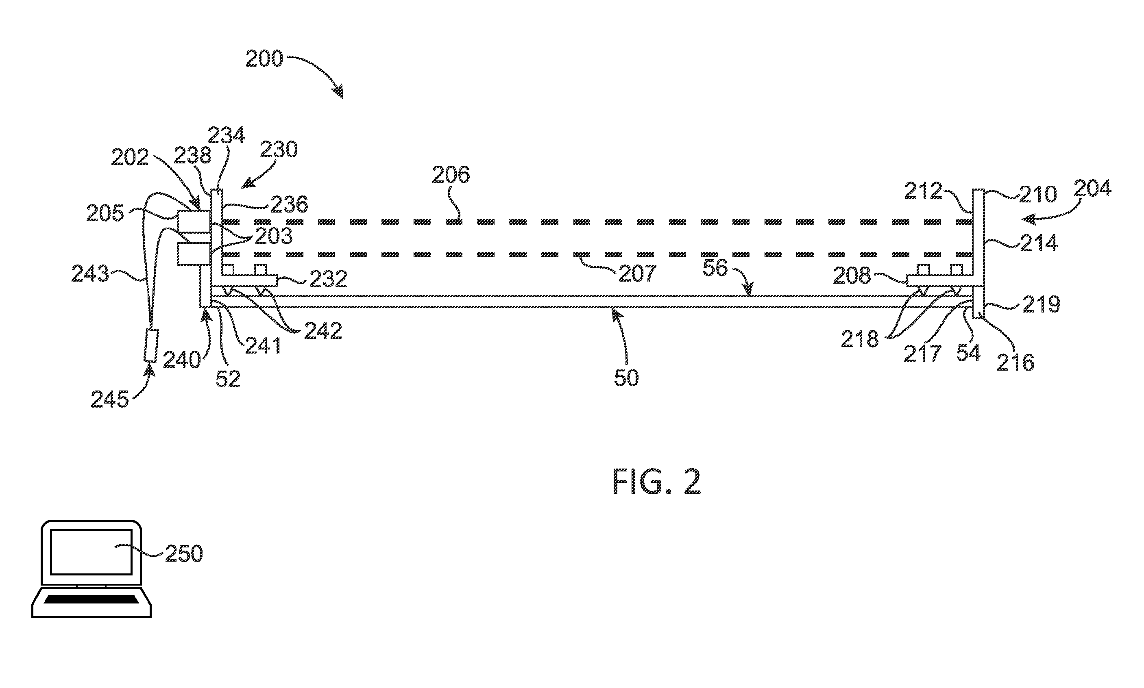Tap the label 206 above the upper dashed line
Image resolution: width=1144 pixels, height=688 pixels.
(451, 175)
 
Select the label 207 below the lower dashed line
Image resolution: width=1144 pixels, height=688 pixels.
(638, 273)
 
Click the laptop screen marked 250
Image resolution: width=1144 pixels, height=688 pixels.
(91, 552)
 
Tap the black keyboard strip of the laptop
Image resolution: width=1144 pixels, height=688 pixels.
(92, 599)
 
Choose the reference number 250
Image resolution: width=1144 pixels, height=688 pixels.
(184, 553)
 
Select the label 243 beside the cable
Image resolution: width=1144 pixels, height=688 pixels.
(90, 273)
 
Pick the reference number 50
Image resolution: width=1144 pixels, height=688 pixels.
(626, 378)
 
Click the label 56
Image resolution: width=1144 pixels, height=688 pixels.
(715, 268)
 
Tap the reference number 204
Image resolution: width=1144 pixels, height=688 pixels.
(1092, 189)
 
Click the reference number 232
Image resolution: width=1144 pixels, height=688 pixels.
(329, 279)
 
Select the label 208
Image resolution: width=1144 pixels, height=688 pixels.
(852, 276)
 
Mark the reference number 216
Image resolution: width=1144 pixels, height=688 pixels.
(1015, 362)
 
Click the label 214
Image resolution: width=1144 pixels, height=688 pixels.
(1039, 243)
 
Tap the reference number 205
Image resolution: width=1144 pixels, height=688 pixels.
(105, 214)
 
